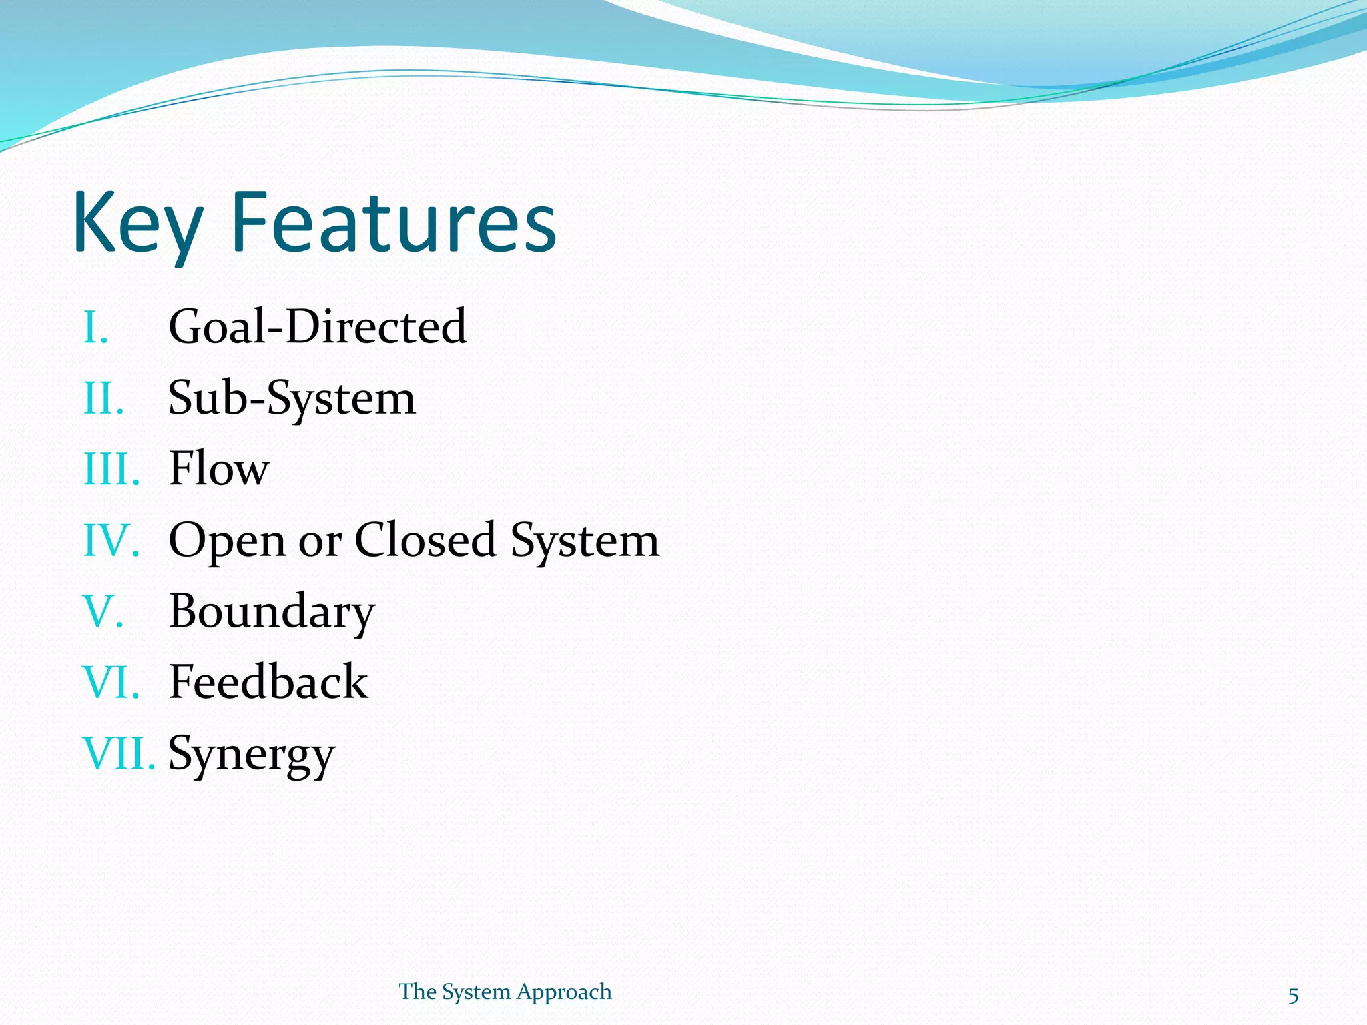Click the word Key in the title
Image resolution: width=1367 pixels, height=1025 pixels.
click(137, 224)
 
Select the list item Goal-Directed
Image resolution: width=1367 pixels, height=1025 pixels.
click(317, 327)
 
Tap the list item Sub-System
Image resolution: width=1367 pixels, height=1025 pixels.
click(292, 398)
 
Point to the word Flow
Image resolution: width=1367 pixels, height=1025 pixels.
click(219, 469)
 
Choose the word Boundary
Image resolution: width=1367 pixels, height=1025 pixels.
click(272, 611)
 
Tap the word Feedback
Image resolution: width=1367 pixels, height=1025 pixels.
click(268, 682)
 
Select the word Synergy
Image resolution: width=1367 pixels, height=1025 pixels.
click(251, 754)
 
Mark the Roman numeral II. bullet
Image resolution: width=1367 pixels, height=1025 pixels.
click(103, 399)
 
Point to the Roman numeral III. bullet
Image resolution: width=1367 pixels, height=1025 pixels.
click(111, 470)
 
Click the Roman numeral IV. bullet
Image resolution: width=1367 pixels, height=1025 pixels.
click(111, 541)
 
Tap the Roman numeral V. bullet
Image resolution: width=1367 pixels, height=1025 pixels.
click(103, 611)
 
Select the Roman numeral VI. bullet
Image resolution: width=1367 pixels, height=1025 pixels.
click(111, 683)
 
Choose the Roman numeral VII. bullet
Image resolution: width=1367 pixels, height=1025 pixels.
click(118, 754)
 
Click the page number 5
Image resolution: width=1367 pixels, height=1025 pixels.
click(1293, 996)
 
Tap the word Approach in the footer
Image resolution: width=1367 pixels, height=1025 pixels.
click(564, 992)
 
